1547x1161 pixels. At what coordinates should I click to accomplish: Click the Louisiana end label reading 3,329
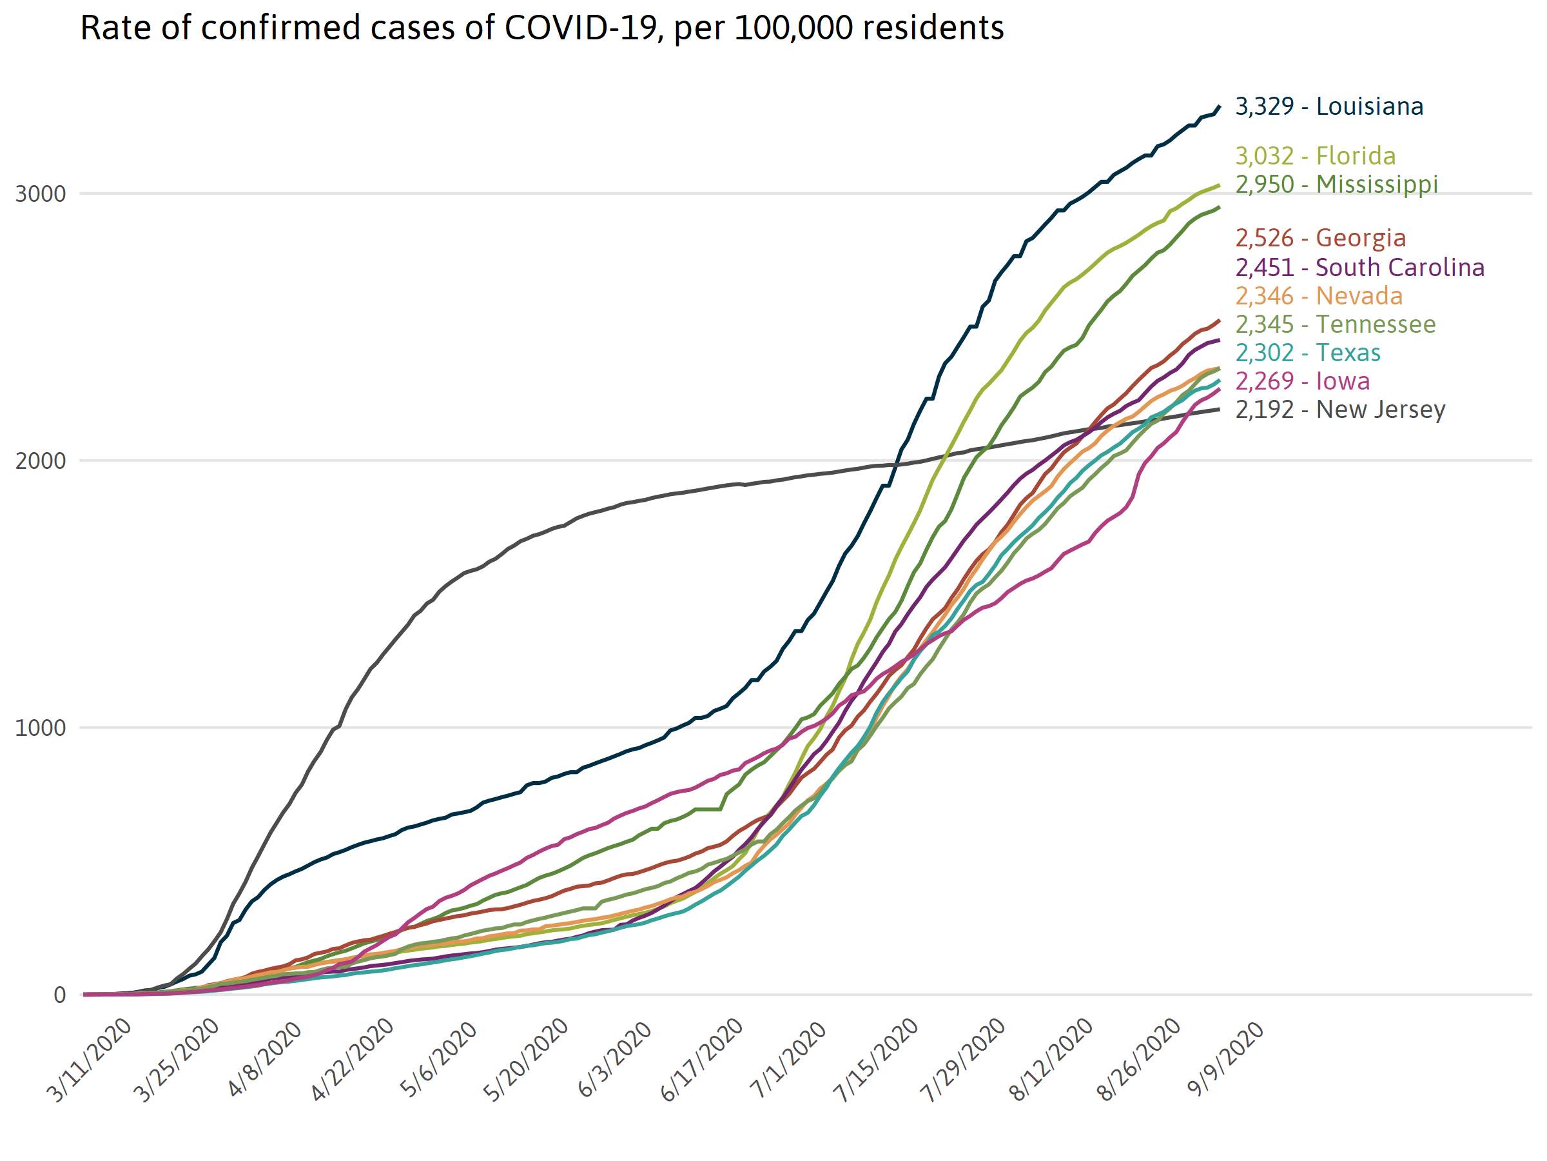[x=1328, y=106]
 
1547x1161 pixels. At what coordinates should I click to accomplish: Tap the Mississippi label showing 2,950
[x=1336, y=184]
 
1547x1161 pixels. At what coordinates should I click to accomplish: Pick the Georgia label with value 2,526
[x=1320, y=238]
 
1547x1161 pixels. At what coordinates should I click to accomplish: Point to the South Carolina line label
[x=1359, y=267]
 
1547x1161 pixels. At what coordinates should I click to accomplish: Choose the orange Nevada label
[x=1319, y=296]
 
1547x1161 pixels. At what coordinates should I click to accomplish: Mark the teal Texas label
[x=1308, y=353]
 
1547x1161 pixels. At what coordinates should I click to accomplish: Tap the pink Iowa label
[x=1302, y=381]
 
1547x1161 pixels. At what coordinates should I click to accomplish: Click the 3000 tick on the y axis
[x=41, y=194]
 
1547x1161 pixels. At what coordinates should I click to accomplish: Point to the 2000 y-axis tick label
[x=41, y=461]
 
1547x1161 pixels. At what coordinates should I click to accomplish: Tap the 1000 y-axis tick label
[x=41, y=728]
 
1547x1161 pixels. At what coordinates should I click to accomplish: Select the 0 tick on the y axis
[x=60, y=995]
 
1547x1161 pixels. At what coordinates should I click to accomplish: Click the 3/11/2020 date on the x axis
[x=90, y=1060]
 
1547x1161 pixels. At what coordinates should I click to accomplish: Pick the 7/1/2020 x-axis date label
[x=789, y=1060]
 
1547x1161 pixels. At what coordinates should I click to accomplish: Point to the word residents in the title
[x=933, y=28]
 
